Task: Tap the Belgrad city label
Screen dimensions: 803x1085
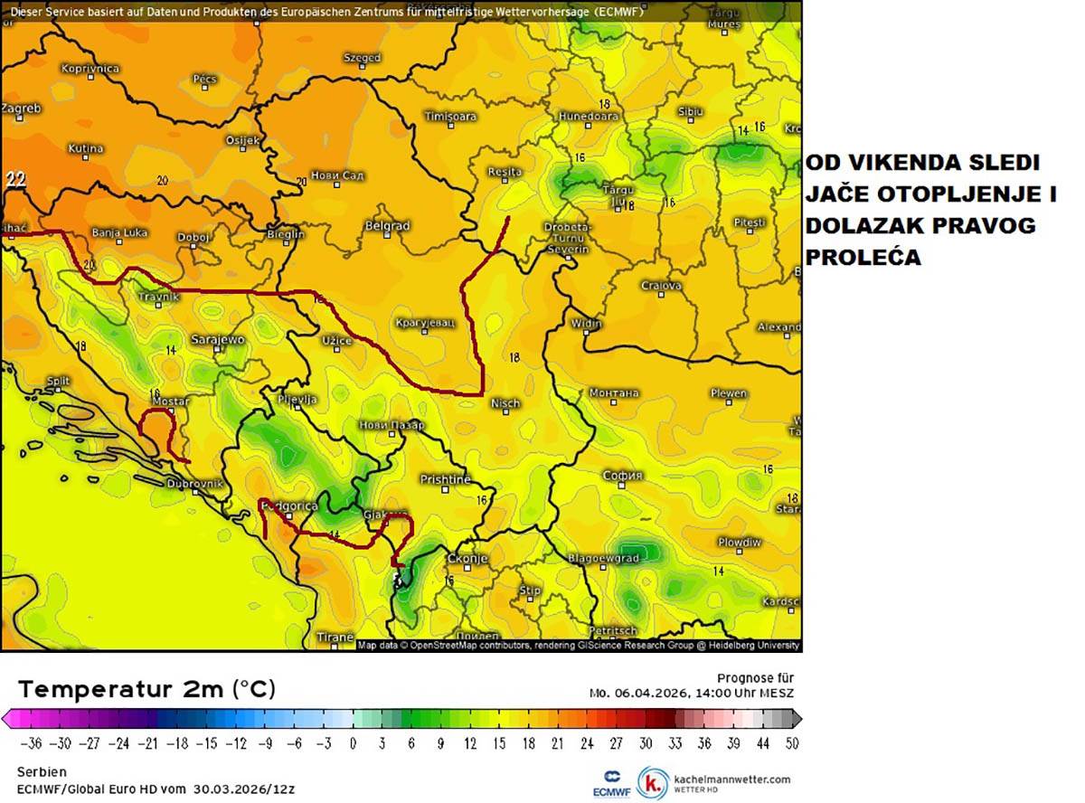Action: pyautogui.click(x=387, y=226)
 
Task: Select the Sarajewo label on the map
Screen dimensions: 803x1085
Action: pyautogui.click(x=218, y=340)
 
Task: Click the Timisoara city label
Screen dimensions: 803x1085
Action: pyautogui.click(x=450, y=118)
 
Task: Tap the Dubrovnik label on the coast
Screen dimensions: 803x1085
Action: pyautogui.click(x=194, y=484)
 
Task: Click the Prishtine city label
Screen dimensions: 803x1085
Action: pyautogui.click(x=446, y=479)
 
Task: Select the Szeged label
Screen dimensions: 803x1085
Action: pyautogui.click(x=362, y=58)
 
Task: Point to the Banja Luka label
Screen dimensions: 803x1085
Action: pyautogui.click(x=119, y=233)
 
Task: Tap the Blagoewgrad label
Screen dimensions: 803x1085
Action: pyautogui.click(x=603, y=559)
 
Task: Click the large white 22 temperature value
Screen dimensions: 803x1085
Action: pyautogui.click(x=14, y=179)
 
